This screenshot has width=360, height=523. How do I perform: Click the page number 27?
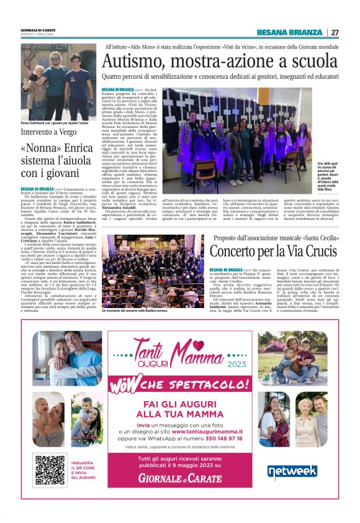click(x=335, y=32)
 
